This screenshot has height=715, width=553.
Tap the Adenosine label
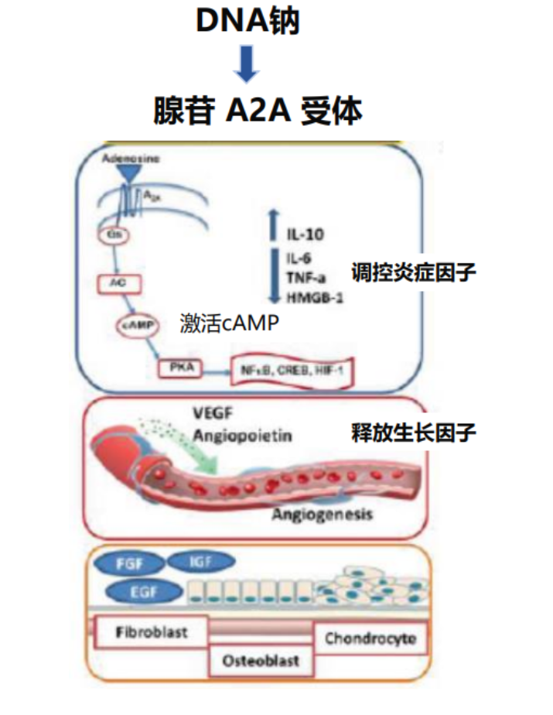tap(130, 158)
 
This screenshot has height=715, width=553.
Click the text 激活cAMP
tap(229, 323)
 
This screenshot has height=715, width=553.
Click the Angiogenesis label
tap(322, 514)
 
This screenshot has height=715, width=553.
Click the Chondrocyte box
tap(370, 638)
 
